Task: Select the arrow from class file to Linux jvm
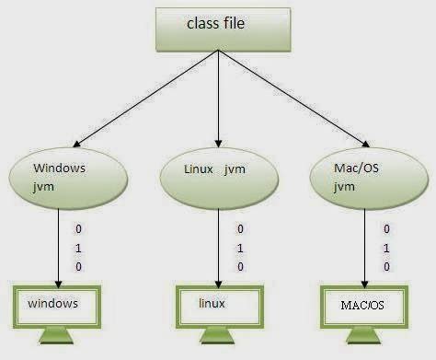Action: (217, 101)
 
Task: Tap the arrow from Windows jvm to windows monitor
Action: (58, 244)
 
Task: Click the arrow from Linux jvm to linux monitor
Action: (218, 244)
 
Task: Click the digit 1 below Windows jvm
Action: (79, 247)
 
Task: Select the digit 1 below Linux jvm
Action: (240, 248)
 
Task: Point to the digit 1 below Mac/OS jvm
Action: (386, 248)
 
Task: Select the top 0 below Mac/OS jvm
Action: (386, 228)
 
